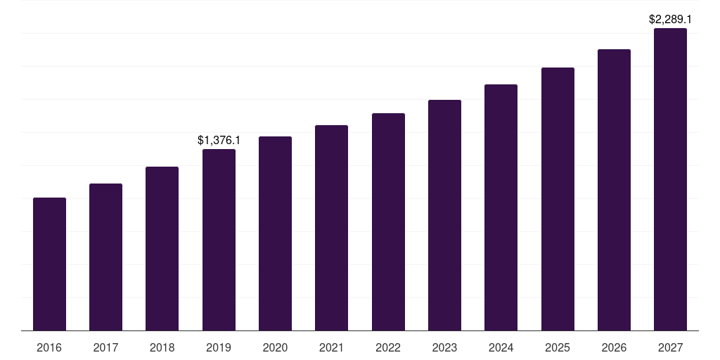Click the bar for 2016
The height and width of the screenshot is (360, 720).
tap(49, 264)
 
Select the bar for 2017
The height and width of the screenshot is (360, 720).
tap(105, 257)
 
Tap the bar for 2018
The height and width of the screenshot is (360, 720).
tap(162, 248)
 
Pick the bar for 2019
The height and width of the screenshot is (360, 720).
tap(219, 240)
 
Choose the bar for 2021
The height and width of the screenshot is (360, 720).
tap(332, 228)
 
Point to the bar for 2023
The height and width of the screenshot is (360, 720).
tap(444, 215)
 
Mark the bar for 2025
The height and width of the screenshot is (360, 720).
tap(558, 199)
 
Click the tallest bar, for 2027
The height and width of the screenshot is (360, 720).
tap(671, 179)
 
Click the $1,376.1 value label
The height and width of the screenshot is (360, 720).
tap(219, 141)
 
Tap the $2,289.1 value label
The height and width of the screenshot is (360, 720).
tap(670, 20)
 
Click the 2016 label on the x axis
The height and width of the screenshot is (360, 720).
tap(49, 347)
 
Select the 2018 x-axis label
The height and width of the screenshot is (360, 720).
tap(162, 347)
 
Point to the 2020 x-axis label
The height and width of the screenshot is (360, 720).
tap(275, 347)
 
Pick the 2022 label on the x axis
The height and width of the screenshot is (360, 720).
tap(388, 347)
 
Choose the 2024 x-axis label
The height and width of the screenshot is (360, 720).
tap(501, 347)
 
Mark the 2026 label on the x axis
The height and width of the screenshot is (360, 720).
tap(614, 347)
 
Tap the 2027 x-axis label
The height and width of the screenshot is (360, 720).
tap(671, 347)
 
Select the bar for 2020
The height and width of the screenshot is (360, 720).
tap(275, 233)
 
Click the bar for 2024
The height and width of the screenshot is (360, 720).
tap(501, 207)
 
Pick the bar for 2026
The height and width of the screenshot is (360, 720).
tap(614, 190)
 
